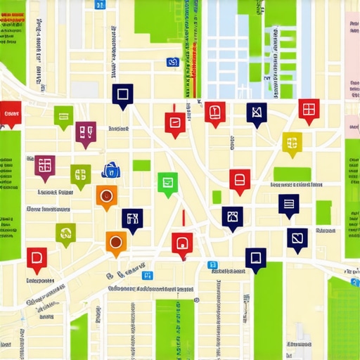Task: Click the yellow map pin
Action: (x=292, y=141)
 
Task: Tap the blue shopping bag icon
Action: (x=110, y=169)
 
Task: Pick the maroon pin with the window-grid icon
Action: (x=45, y=165)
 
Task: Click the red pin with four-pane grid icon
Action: (x=308, y=108)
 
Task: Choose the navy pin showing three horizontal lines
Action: (x=288, y=204)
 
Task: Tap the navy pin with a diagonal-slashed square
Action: (x=297, y=238)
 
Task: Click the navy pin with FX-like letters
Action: (x=131, y=219)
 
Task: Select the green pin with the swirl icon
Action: (x=65, y=233)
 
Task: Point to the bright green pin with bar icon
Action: (x=63, y=115)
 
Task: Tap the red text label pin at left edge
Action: (x=11, y=113)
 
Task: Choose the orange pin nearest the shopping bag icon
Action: (x=105, y=197)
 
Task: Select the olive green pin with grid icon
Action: (x=80, y=174)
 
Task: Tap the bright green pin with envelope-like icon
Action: (x=167, y=182)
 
